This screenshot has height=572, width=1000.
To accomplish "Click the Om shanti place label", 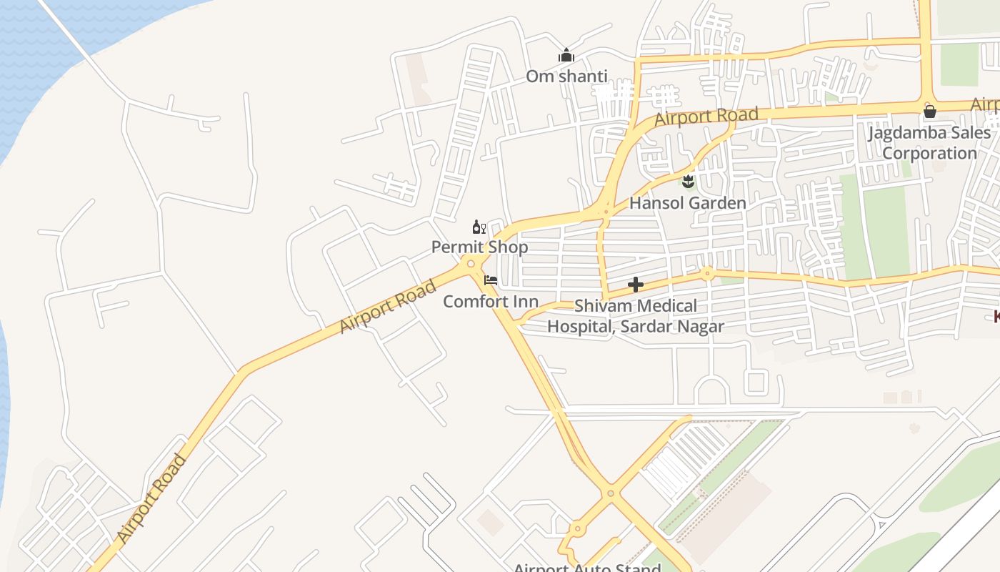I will [566, 76].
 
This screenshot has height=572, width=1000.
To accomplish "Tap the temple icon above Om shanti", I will [566, 55].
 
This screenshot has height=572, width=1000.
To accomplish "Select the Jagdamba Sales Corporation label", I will [929, 133].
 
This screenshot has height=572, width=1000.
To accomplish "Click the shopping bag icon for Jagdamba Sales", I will [929, 111].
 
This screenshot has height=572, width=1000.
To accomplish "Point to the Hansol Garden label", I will [687, 203].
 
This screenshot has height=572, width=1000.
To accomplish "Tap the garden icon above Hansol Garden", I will [688, 182].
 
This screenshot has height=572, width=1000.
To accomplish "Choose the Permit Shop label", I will [479, 247].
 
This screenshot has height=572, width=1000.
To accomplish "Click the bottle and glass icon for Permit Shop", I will [479, 227].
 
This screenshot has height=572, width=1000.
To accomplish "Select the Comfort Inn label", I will [490, 301].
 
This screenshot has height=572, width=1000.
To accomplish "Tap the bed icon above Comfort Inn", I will [490, 280].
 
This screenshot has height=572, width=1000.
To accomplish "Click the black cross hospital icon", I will [635, 285].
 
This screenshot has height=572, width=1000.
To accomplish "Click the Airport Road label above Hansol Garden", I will [706, 116].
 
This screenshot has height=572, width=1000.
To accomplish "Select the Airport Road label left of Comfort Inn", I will [387, 307].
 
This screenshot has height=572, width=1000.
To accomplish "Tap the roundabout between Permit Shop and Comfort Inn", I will [470, 265].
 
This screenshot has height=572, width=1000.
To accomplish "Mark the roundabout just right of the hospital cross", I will [706, 272].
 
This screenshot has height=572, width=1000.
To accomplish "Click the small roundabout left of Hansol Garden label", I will [606, 211].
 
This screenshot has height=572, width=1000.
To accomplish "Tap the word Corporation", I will [929, 153].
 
